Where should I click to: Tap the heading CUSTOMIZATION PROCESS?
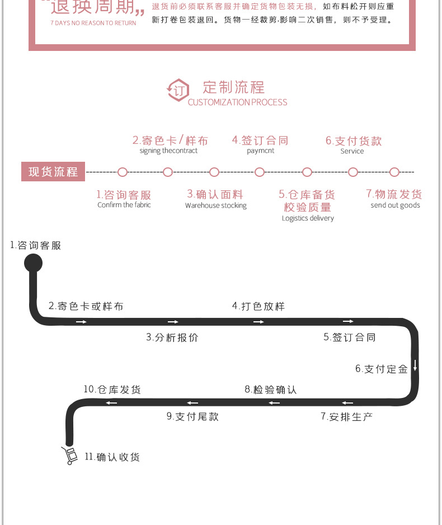click(x=237, y=102)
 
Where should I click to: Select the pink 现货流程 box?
click(x=53, y=172)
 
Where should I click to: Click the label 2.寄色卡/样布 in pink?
click(x=170, y=140)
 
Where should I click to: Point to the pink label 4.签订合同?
click(x=260, y=140)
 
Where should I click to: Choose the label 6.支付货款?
click(x=354, y=140)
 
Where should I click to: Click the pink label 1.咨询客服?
click(x=124, y=195)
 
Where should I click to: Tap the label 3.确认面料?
click(x=215, y=194)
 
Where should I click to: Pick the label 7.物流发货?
click(x=394, y=194)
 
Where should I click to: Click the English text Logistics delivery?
click(x=308, y=218)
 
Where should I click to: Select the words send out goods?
click(x=395, y=205)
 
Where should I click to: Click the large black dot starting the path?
click(x=33, y=262)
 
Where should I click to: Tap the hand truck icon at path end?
click(x=69, y=456)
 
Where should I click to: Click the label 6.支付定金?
click(x=382, y=369)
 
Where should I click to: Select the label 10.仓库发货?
click(x=112, y=390)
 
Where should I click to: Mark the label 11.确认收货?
click(x=112, y=457)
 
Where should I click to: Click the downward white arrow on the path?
click(x=415, y=365)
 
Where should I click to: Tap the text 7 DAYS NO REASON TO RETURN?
click(x=93, y=24)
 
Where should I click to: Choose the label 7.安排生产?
click(x=346, y=416)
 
